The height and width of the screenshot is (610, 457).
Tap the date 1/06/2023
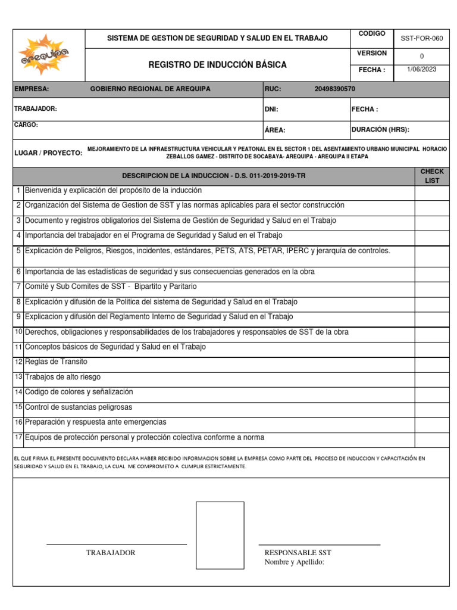(x=421, y=70)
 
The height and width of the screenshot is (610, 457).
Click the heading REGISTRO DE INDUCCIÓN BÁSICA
(x=217, y=64)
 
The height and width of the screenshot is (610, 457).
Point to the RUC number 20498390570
(x=334, y=89)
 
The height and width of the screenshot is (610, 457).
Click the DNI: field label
(x=271, y=110)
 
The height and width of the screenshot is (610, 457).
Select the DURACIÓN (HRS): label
(x=380, y=130)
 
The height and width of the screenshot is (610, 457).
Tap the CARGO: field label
(x=26, y=125)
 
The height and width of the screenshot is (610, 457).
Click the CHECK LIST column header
(x=432, y=176)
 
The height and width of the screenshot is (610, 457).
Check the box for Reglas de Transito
(x=432, y=363)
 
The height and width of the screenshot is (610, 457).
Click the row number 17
(x=18, y=437)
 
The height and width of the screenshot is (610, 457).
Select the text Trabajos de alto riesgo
(x=62, y=377)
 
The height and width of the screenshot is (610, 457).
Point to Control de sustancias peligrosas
(x=79, y=407)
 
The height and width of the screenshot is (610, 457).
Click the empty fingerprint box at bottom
(x=220, y=535)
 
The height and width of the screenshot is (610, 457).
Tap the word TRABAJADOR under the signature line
(x=111, y=553)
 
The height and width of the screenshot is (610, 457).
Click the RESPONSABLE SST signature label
(x=298, y=553)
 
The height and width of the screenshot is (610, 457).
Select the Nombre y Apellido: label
(x=294, y=562)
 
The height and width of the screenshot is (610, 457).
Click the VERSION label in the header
(x=372, y=54)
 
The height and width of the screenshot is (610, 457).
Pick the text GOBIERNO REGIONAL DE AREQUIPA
(x=150, y=89)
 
